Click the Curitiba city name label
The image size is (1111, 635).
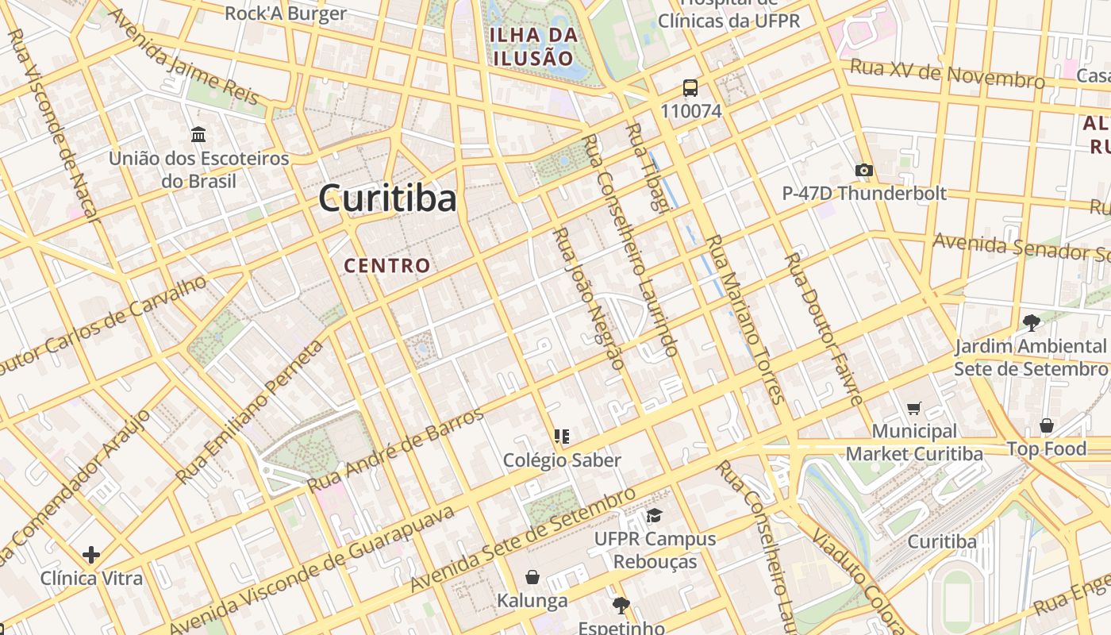pos(387,198)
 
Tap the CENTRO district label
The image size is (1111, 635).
pos(387,266)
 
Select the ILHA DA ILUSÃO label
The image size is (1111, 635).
pos(532,46)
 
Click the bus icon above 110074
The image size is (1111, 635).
pos(690,88)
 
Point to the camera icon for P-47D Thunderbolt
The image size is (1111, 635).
pos(864,170)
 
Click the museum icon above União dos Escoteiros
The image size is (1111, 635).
pos(198,134)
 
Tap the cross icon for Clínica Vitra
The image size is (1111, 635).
pos(91,554)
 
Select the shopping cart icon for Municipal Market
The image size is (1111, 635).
pos(914,408)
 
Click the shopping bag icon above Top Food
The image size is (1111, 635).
pos(1047,425)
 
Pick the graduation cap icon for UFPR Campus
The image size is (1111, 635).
pos(654,516)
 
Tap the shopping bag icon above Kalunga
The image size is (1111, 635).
pos(532,577)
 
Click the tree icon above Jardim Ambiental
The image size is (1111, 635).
pos(1031,322)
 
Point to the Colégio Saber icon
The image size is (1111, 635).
pos(562,436)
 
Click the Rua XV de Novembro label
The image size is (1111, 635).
pos(947,73)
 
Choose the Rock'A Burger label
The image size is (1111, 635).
pos(286,13)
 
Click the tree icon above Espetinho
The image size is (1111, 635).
pos(621,606)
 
